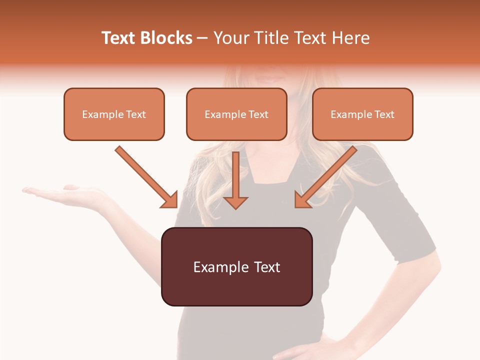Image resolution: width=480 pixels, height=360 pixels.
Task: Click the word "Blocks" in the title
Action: (167, 38)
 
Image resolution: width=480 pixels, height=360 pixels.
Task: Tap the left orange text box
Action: (114, 114)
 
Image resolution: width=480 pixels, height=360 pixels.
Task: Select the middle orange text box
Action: (236, 114)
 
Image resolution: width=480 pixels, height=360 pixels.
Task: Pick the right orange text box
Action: (362, 114)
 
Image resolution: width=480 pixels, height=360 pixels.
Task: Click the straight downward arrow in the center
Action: (235, 180)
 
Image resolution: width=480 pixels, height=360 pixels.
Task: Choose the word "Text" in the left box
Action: (136, 114)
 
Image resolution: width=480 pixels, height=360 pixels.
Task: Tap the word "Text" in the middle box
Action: (258, 114)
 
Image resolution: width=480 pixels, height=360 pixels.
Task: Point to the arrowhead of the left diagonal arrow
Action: (170, 200)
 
